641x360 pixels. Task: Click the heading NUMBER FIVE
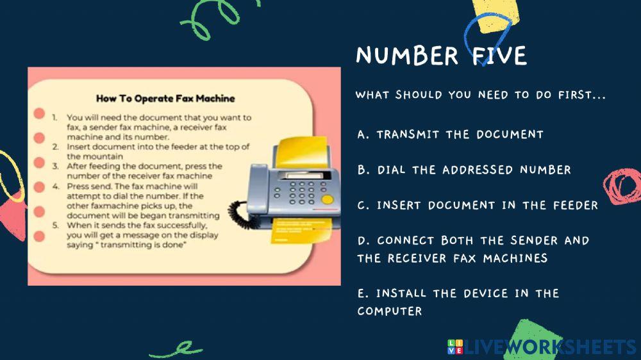click(441, 56)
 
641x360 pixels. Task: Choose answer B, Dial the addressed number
click(464, 170)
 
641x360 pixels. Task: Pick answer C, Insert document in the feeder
click(478, 205)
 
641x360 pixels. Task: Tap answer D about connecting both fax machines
click(473, 249)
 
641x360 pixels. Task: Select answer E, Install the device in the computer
click(458, 302)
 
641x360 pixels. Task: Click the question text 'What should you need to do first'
click(481, 95)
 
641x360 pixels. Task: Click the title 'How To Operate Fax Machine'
click(165, 99)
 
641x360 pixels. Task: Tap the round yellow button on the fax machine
click(327, 199)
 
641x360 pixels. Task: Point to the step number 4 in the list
click(56, 186)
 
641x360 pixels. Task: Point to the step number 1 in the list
click(56, 118)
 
